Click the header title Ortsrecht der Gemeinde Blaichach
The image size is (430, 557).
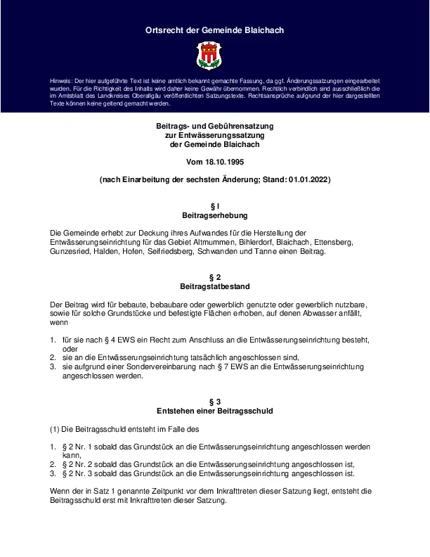tap(214, 30)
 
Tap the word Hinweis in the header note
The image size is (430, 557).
tap(61, 82)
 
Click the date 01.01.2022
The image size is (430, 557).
tap(308, 180)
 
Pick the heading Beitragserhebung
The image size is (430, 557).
tap(214, 215)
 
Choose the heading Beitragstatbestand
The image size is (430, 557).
tap(214, 287)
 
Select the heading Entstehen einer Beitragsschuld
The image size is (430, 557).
tap(214, 411)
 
